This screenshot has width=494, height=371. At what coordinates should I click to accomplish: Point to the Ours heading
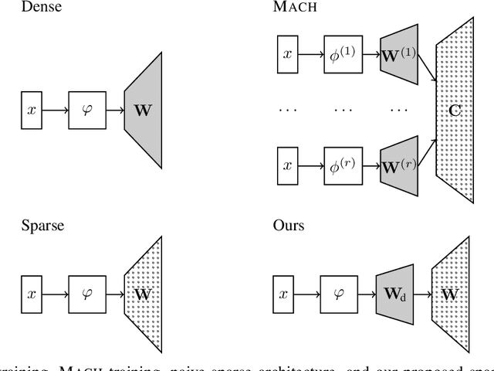pos(288,226)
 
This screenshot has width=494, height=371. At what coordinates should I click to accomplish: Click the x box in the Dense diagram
pos(32,111)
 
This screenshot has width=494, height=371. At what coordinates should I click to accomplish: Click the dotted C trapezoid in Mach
pos(454,111)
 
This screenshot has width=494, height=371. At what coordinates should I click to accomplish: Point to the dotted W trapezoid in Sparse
pos(142,294)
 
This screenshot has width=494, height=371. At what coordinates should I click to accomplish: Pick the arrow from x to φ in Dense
pos(55,111)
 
